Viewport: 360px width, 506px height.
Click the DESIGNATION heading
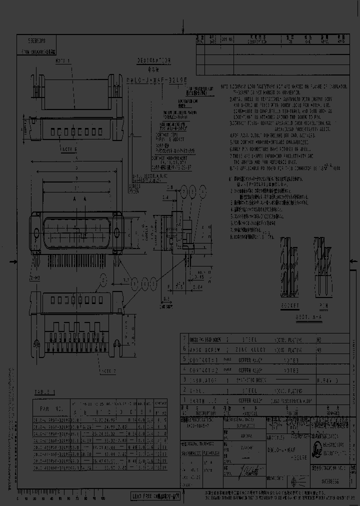coord(154,60)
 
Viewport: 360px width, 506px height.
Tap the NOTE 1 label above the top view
coord(63,60)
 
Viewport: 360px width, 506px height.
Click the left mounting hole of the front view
coord(37,232)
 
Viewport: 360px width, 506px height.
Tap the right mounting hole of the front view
coord(117,232)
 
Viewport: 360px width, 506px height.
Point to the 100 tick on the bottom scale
coord(102,498)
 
